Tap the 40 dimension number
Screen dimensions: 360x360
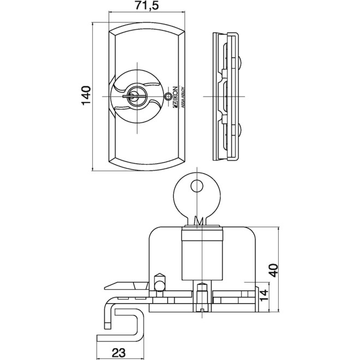[274, 269]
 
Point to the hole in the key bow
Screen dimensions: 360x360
[195, 186]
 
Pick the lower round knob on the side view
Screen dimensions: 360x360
[241, 130]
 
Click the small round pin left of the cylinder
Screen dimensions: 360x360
[160, 284]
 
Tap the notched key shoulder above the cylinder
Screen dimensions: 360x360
[200, 221]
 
